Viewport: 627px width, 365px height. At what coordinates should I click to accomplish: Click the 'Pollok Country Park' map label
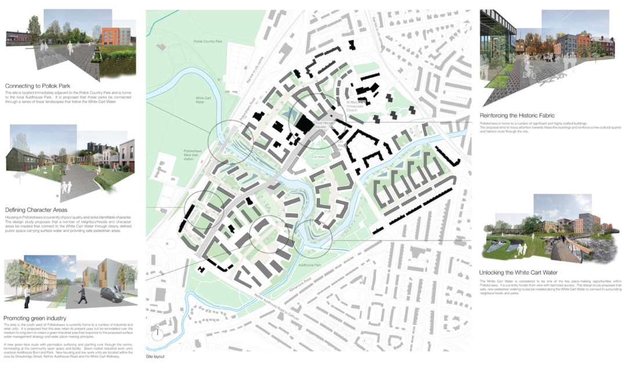pyautogui.click(x=208, y=42)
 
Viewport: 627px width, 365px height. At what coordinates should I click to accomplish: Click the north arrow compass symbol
pyautogui.click(x=156, y=334)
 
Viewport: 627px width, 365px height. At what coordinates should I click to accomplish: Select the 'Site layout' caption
pyautogui.click(x=156, y=355)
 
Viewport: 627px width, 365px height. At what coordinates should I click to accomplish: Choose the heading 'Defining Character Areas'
pyautogui.click(x=36, y=209)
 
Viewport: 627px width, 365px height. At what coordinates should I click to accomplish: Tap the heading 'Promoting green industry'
pyautogui.click(x=35, y=318)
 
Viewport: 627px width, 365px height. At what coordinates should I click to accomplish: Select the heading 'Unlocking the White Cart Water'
pyautogui.click(x=518, y=273)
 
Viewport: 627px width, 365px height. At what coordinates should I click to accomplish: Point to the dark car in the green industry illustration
pyautogui.click(x=110, y=294)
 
